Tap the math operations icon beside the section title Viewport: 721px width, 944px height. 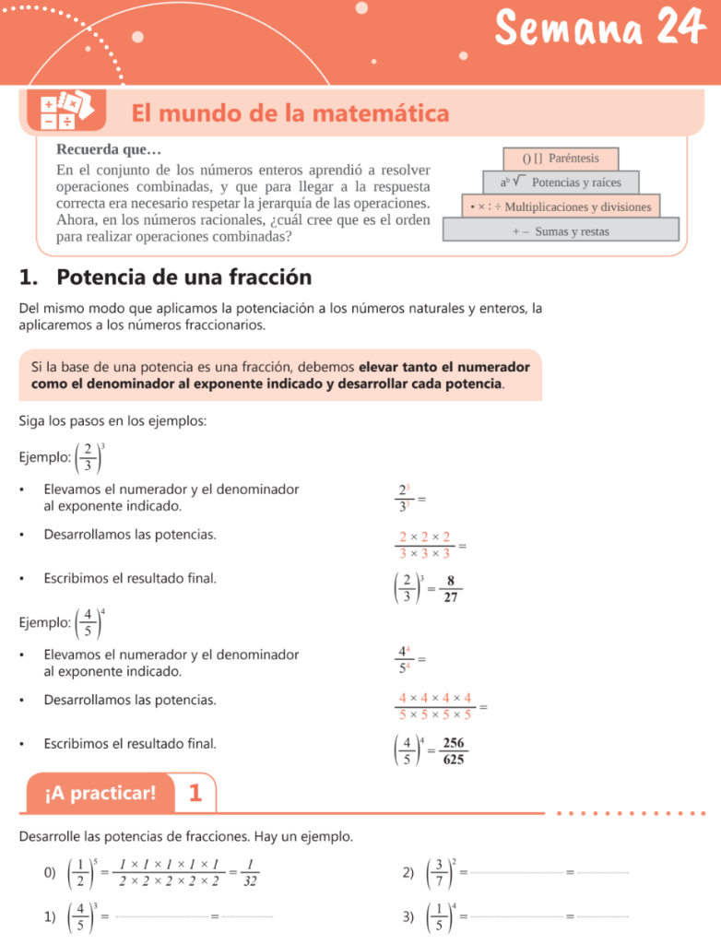tap(62, 112)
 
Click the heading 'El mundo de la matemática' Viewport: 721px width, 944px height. tap(290, 113)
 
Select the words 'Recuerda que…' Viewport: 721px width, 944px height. tap(109, 149)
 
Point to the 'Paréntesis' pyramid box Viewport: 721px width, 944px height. tap(561, 159)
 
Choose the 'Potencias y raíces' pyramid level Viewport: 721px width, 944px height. tap(561, 183)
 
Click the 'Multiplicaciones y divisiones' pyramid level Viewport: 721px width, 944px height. tap(561, 206)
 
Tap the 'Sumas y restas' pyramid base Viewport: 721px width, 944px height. tap(561, 231)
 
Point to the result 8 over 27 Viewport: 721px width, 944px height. tap(450, 589)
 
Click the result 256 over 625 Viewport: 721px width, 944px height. tap(453, 751)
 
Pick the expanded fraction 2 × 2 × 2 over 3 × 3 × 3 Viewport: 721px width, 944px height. tap(425, 545)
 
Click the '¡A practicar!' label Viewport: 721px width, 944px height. tap(100, 793)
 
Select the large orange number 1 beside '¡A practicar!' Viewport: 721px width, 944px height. tap(195, 793)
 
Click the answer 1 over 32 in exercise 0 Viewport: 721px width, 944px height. tap(250, 872)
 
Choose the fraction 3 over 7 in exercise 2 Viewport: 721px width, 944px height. tap(440, 872)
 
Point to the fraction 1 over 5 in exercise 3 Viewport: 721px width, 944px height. tap(440, 917)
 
